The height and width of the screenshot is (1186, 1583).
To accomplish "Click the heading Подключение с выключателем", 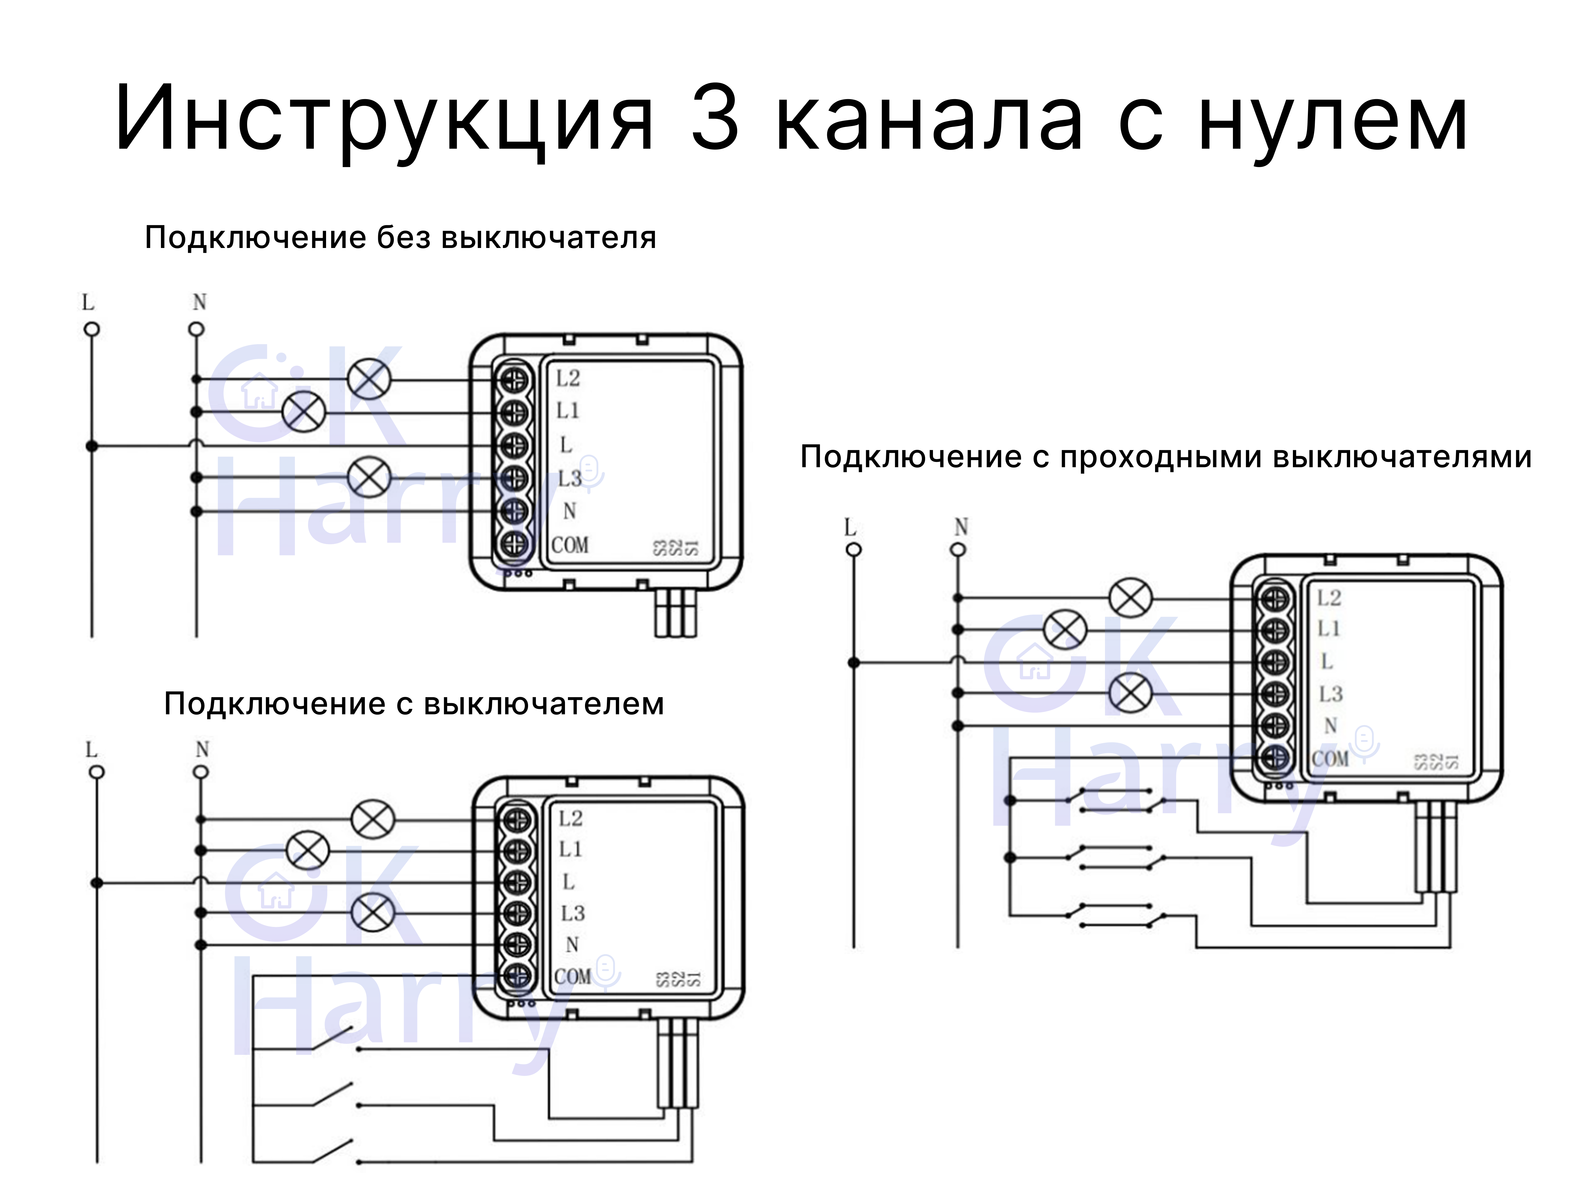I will [x=414, y=704].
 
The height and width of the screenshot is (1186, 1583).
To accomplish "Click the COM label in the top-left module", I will [x=570, y=545].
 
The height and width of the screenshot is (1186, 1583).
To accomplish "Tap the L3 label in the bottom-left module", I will [x=572, y=913].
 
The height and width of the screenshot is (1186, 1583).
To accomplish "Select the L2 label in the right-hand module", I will [x=1329, y=598].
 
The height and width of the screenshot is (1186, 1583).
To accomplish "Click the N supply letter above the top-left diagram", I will [x=199, y=302].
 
